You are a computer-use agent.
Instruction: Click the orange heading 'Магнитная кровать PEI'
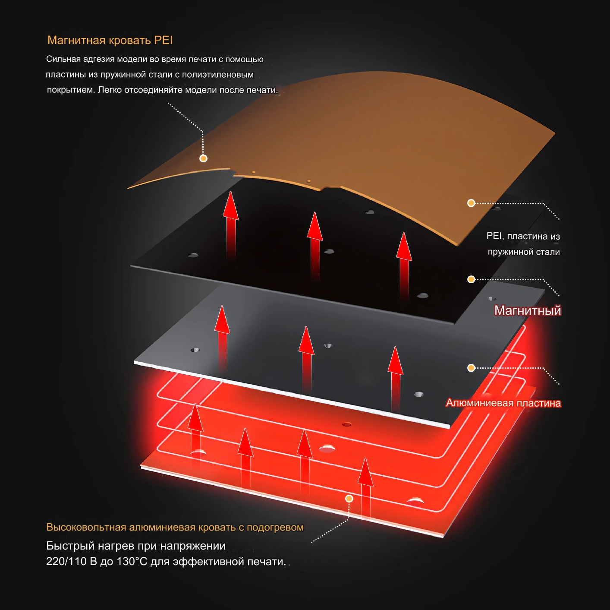pos(110,40)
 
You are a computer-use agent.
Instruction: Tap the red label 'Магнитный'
pos(528,310)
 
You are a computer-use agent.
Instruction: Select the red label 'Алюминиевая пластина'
pos(503,403)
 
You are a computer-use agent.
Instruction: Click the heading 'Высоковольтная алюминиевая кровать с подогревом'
pos(175,527)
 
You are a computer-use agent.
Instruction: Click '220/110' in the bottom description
pos(66,562)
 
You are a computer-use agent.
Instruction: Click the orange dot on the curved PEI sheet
pos(203,158)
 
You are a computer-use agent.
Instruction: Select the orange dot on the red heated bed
pos(349,499)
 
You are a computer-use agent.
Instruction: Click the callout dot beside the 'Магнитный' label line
pos(471,279)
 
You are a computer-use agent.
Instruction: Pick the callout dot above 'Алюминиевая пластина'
pos(471,368)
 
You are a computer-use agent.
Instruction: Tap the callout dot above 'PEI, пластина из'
pos(471,203)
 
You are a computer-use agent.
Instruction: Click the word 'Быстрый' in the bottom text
pos(70,546)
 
